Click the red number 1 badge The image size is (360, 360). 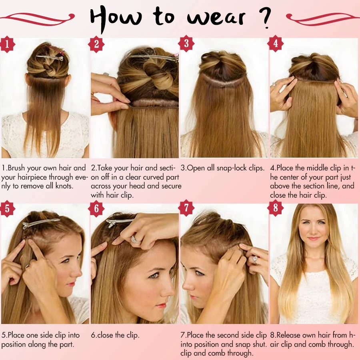tap(7, 44)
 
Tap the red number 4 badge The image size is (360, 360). tap(276, 44)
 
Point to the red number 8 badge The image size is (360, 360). tap(276, 208)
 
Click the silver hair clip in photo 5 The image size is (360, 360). tap(40, 223)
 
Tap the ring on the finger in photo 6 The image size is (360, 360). tap(136, 239)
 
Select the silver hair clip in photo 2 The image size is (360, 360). tap(152, 58)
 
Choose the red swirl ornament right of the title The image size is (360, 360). tap(322, 17)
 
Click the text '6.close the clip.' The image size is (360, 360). tap(115, 335)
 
